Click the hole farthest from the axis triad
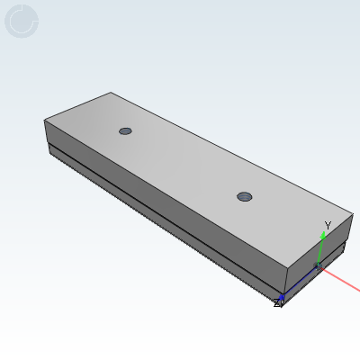[125, 130]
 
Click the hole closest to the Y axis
[244, 196]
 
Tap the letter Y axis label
[328, 226]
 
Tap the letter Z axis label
[277, 304]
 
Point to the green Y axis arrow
[320, 247]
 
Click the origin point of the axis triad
[318, 266]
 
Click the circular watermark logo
[22, 21]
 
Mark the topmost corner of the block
[111, 92]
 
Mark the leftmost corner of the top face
[44, 120]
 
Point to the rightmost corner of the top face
[352, 214]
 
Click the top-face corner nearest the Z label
[287, 268]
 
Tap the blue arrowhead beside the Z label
[283, 296]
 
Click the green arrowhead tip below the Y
[322, 235]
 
